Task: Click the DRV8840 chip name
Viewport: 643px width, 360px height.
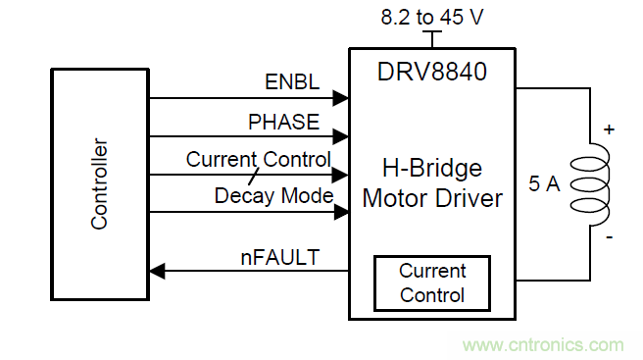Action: pos(432,72)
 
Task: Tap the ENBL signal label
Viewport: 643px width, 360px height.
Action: pos(292,82)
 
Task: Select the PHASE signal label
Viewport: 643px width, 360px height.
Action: pos(284,122)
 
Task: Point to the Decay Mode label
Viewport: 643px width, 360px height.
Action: pos(273,196)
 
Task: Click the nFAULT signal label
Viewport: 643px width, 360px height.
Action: pos(280,258)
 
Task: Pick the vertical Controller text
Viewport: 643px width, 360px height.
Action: pos(99,183)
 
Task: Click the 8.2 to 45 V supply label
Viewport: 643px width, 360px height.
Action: pos(432,18)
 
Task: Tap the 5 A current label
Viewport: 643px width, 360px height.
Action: pos(544,183)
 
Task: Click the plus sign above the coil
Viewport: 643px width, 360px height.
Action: pos(609,129)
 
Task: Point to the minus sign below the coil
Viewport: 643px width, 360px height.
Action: pos(610,237)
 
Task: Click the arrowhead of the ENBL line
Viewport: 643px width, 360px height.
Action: pos(340,98)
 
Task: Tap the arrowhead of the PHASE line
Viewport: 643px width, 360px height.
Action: pos(340,136)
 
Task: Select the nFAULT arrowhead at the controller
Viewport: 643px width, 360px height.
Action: pos(157,271)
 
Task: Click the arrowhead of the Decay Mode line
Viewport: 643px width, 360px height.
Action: pos(341,212)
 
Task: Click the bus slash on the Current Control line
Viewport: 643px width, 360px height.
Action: pos(254,177)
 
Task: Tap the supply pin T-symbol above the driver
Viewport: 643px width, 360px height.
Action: pos(432,38)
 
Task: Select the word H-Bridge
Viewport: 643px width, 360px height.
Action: pos(432,169)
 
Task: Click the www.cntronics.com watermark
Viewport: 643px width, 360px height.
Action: pos(543,345)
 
